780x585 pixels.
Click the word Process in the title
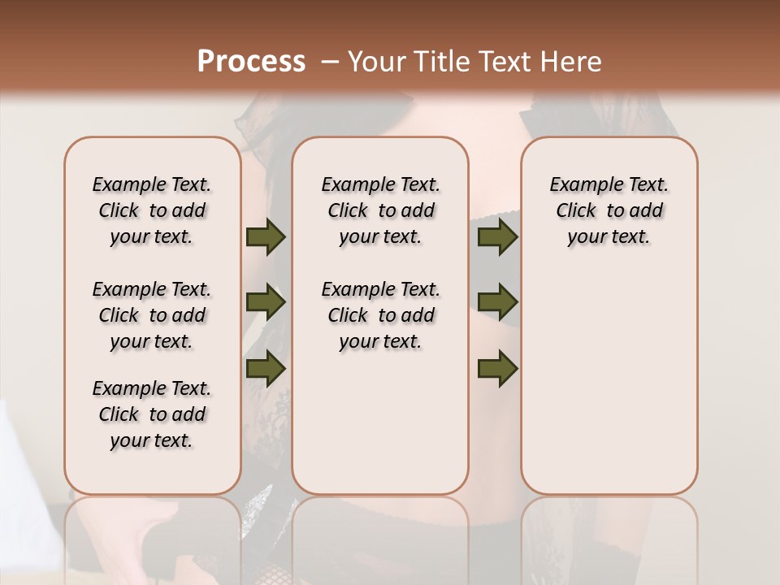pos(251,62)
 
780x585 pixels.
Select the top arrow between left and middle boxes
pos(266,237)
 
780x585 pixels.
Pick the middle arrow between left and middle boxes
pos(266,303)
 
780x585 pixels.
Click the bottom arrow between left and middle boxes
pos(266,369)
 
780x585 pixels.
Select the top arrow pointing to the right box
pos(497,237)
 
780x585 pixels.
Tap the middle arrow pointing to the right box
pos(497,303)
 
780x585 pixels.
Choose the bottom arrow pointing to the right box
pos(497,369)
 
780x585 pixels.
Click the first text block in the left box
pos(152,210)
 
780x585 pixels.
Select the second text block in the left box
pos(152,315)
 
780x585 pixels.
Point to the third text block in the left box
pos(152,414)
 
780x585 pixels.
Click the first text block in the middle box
pos(380,210)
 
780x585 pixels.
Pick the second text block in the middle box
pos(380,315)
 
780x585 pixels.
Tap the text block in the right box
pos(609,210)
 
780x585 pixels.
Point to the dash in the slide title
pos(330,62)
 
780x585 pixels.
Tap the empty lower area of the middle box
pos(380,422)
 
